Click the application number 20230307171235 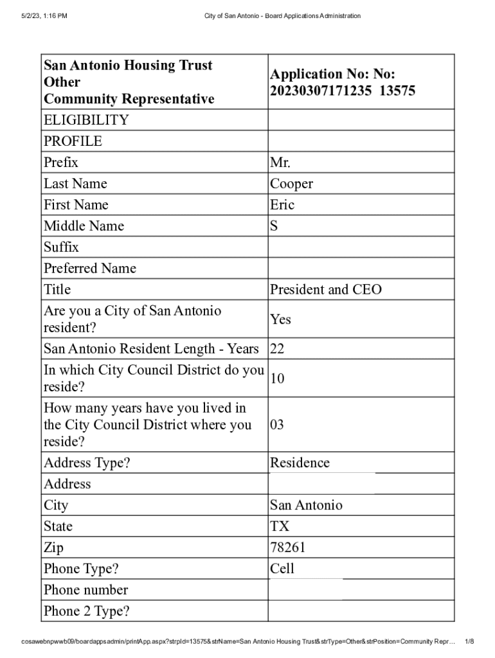point(321,91)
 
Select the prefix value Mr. point(280,163)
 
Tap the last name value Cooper point(291,184)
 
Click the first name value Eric point(282,205)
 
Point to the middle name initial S point(274,226)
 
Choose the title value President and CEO point(325,290)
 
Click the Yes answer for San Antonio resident point(280,319)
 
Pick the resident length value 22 point(277,349)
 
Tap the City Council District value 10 point(277,378)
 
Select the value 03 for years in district point(277,425)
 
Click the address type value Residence point(300,463)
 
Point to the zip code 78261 point(287,547)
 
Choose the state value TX point(280,526)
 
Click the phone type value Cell point(282,569)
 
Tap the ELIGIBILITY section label point(86,120)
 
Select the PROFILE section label point(73,141)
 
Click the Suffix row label point(61,247)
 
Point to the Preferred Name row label point(90,269)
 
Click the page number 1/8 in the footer point(469,641)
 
